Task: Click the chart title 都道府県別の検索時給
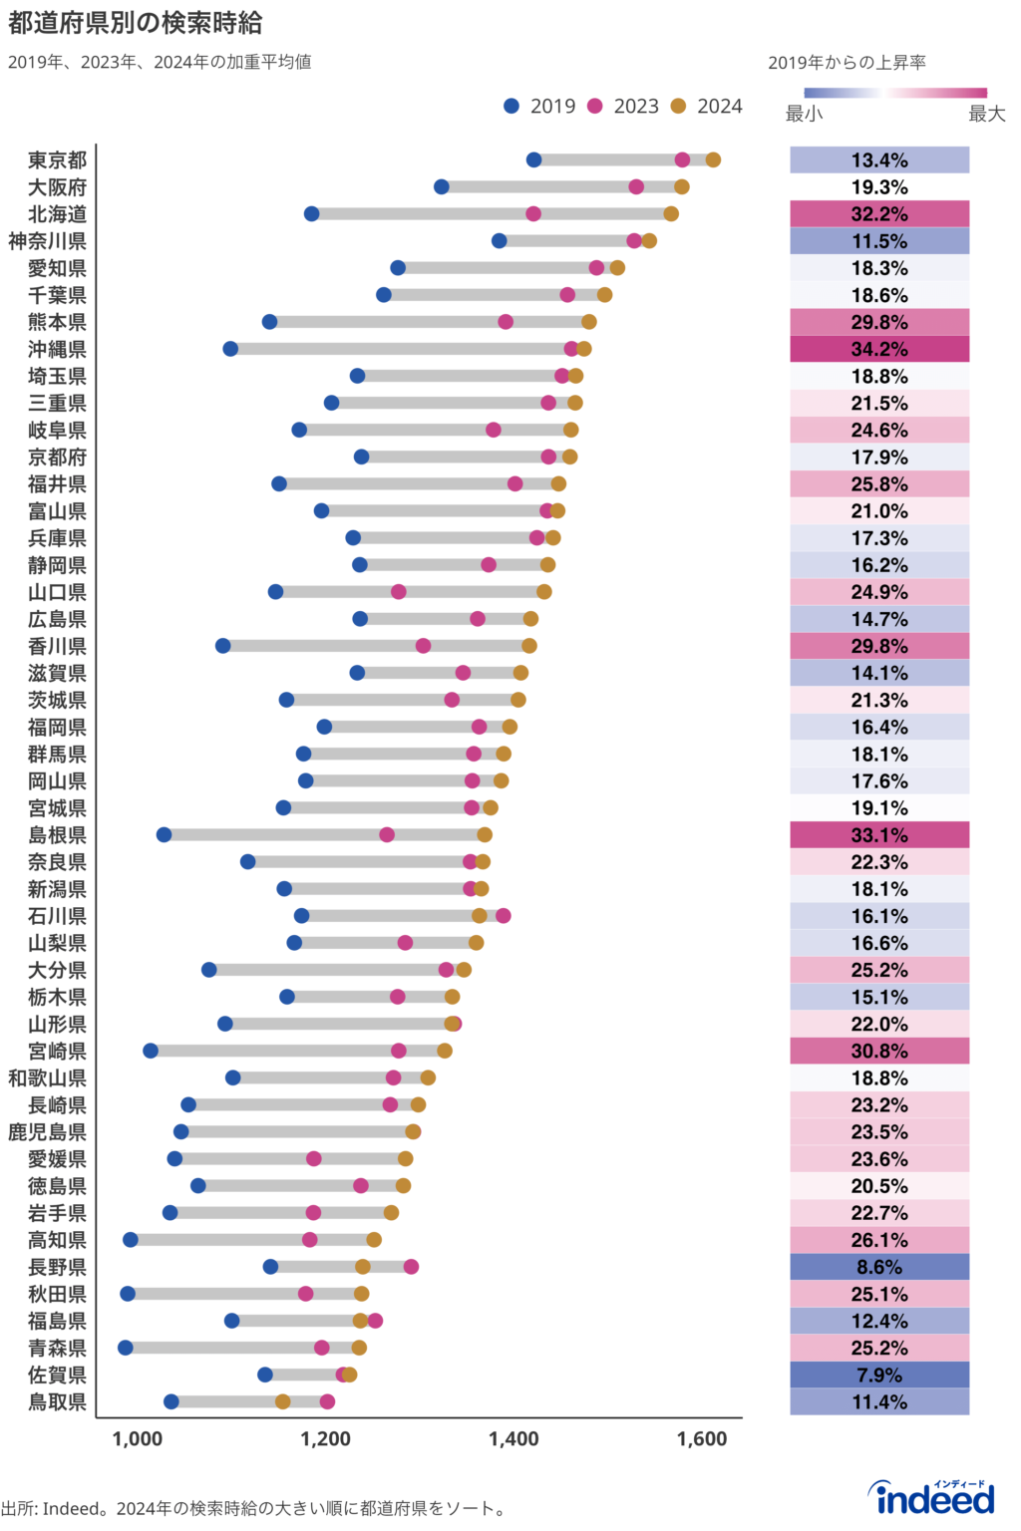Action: click(x=135, y=22)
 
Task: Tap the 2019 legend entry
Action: click(x=539, y=106)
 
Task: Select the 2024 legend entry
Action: click(x=706, y=106)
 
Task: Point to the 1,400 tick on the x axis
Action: click(x=513, y=1438)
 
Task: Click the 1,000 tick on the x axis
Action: click(x=137, y=1438)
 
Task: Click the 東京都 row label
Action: click(x=57, y=160)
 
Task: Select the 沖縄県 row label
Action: click(x=57, y=349)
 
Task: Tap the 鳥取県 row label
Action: click(x=57, y=1402)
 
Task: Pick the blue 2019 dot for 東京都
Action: click(x=533, y=160)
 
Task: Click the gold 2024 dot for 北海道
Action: click(x=671, y=214)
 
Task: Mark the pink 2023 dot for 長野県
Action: click(x=411, y=1267)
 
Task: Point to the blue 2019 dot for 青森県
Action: click(x=125, y=1348)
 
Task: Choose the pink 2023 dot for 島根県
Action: click(x=387, y=835)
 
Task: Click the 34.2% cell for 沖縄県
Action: click(x=879, y=349)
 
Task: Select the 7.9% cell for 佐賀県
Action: click(x=879, y=1376)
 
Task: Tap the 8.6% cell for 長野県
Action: click(x=879, y=1267)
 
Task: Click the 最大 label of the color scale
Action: click(x=986, y=114)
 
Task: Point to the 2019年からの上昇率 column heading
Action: click(x=847, y=63)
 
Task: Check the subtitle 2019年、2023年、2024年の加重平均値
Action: click(x=160, y=62)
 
